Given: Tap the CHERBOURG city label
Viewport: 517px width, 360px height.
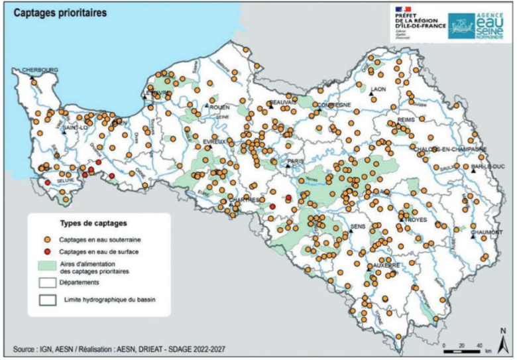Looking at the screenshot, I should [x=40, y=70].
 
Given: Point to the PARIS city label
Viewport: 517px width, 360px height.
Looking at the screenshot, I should [x=294, y=160].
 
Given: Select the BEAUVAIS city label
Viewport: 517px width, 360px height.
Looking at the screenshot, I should [x=280, y=103].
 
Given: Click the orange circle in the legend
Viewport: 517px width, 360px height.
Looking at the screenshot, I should [x=48, y=239].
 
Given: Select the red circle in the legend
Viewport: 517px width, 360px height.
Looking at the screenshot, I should [x=48, y=251].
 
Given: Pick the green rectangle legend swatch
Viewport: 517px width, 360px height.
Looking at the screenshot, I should [x=48, y=267].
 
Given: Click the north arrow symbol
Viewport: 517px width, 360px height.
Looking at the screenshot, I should [x=502, y=339].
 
